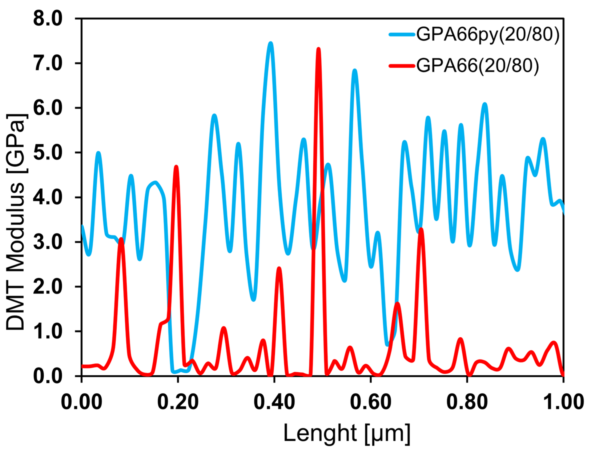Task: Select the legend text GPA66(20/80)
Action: (x=477, y=66)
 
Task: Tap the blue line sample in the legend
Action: (x=402, y=34)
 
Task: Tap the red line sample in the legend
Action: (x=402, y=65)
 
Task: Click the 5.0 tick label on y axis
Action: (x=48, y=153)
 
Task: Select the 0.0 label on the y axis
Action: (x=48, y=376)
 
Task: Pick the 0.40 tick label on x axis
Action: (x=274, y=402)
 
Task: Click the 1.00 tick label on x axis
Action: (x=563, y=402)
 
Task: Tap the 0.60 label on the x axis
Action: (x=371, y=402)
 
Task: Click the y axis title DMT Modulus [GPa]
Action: (x=16, y=222)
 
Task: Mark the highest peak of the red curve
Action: (x=319, y=49)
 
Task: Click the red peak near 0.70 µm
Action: (x=421, y=229)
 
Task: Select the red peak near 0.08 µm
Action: (x=122, y=239)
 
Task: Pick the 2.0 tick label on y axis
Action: (x=48, y=287)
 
